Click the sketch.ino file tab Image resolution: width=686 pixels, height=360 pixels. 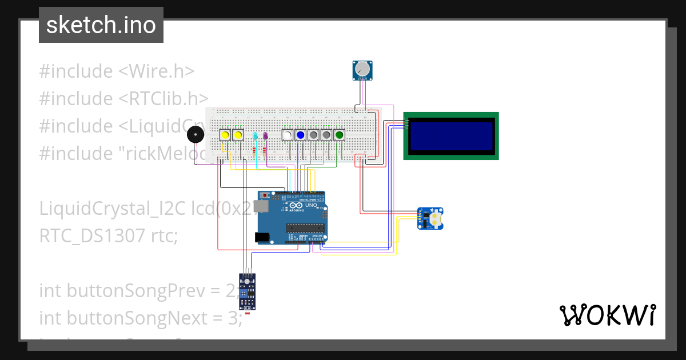click(x=101, y=25)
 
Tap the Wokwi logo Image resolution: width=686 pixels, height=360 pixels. click(x=607, y=315)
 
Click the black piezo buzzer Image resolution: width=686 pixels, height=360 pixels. click(x=196, y=135)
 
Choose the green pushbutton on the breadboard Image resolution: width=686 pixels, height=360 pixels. click(x=340, y=135)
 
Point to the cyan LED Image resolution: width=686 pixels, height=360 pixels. click(x=255, y=136)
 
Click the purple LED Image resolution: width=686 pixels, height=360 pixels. click(x=265, y=136)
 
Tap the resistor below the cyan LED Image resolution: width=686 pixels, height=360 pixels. click(x=254, y=151)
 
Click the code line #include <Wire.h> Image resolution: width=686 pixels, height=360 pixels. click(x=117, y=71)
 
